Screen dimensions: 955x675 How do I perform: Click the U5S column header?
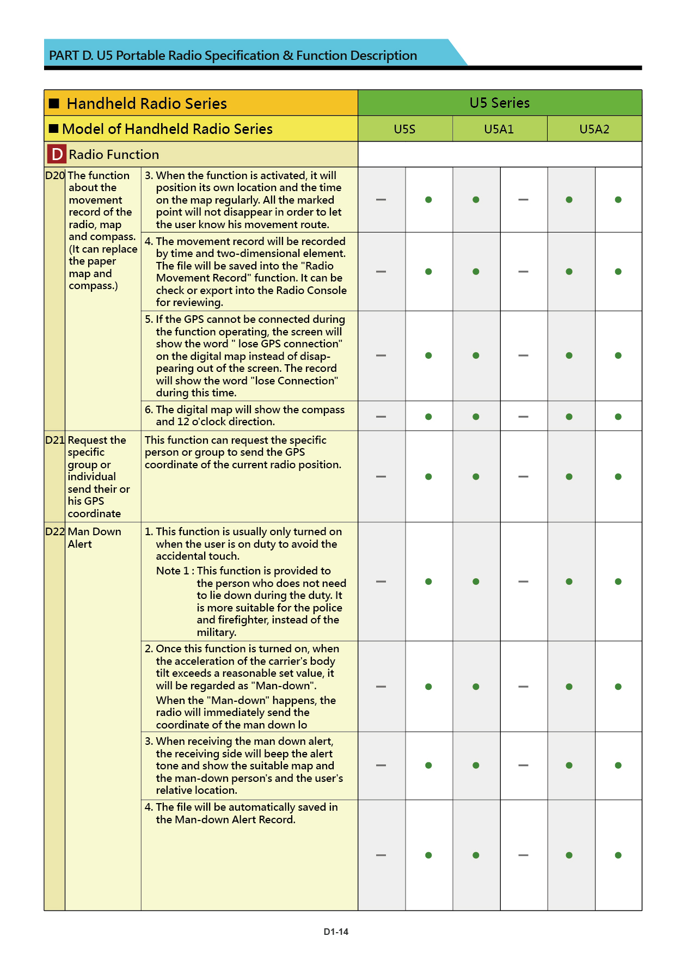pyautogui.click(x=404, y=129)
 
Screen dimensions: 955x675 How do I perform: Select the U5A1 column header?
pyautogui.click(x=499, y=129)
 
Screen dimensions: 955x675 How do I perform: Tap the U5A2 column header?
pyautogui.click(x=594, y=129)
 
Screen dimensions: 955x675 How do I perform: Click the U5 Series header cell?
pyautogui.click(x=499, y=103)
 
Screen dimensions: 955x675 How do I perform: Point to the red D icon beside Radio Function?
pyautogui.click(x=57, y=155)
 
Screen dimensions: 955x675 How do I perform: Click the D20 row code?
pyautogui.click(x=54, y=175)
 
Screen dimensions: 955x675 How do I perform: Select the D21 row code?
pyautogui.click(x=54, y=440)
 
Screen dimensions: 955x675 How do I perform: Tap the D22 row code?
pyautogui.click(x=54, y=531)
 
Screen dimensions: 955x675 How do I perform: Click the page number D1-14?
pyautogui.click(x=336, y=932)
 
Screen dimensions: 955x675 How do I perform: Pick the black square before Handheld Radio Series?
pyautogui.click(x=54, y=103)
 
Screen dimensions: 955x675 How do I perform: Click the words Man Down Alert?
pyautogui.click(x=94, y=537)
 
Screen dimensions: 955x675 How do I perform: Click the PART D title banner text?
pyautogui.click(x=233, y=56)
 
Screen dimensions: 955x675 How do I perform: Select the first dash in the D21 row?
pyautogui.click(x=381, y=477)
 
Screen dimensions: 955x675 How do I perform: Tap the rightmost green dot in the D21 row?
pyautogui.click(x=618, y=477)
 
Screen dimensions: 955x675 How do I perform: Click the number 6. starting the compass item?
pyautogui.click(x=149, y=409)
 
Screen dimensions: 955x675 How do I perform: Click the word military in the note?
pyautogui.click(x=216, y=633)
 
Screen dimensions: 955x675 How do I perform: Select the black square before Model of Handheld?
pyautogui.click(x=53, y=129)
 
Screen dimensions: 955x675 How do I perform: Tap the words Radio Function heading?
pyautogui.click(x=114, y=155)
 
